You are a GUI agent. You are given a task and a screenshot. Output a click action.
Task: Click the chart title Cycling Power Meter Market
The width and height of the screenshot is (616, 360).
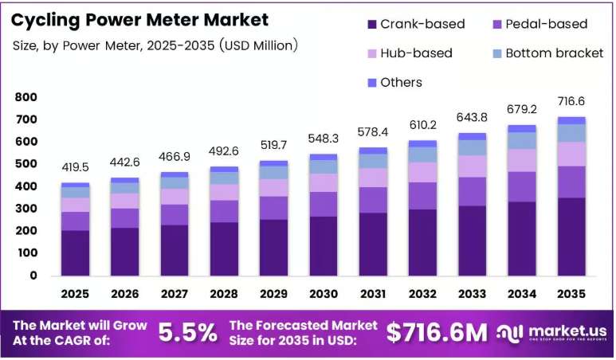[x=139, y=21]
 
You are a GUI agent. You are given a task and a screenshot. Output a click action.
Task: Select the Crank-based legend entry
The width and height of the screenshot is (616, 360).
[x=416, y=24]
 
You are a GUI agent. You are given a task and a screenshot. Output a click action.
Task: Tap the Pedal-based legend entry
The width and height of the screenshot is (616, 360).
[x=540, y=24]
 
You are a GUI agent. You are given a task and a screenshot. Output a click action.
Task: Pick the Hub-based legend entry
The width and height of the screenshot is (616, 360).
[x=410, y=53]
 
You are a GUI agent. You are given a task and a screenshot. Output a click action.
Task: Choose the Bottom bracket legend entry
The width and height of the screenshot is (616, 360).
[x=548, y=53]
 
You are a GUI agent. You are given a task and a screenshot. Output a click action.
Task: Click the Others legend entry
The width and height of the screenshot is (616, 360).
[x=394, y=83]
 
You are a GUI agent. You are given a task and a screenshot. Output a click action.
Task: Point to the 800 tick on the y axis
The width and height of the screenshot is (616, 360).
[x=26, y=97]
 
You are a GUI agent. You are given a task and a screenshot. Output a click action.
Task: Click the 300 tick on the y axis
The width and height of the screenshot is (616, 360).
[x=26, y=209]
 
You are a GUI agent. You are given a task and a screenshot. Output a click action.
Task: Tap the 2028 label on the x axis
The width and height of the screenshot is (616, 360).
[x=224, y=294]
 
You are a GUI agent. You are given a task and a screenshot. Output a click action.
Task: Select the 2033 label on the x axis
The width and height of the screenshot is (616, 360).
[x=473, y=294]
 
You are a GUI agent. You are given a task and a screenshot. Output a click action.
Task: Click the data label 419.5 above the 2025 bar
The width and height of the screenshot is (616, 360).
[x=75, y=167]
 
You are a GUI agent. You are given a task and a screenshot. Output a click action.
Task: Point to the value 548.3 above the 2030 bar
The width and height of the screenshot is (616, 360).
[x=324, y=139]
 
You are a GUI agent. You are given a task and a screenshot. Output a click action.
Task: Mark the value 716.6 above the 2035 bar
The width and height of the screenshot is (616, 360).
[x=571, y=101]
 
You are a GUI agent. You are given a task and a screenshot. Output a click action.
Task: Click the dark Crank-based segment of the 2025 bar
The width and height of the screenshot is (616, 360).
[x=75, y=252]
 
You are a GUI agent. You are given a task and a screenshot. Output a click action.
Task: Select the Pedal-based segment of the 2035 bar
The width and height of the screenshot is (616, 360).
[x=571, y=182]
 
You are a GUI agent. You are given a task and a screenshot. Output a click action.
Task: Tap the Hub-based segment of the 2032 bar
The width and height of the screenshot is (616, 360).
[x=422, y=172]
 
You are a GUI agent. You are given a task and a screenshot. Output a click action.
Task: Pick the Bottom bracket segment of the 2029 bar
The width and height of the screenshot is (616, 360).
[x=274, y=173]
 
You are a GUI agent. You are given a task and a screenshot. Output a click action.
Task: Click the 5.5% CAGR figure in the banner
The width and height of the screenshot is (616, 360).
[x=188, y=332]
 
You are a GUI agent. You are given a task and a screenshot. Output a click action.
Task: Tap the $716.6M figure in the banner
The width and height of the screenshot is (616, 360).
[x=437, y=332]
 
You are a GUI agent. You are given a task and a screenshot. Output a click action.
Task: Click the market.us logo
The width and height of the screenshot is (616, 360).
[x=551, y=333]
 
